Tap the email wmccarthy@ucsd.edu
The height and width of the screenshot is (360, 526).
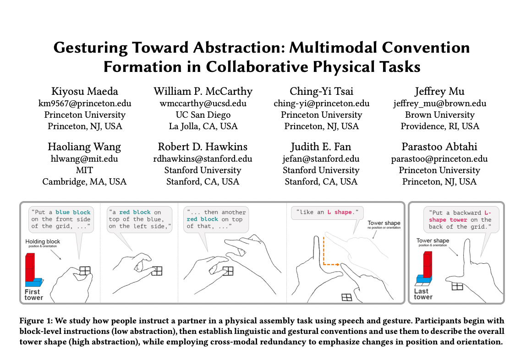[x=203, y=103]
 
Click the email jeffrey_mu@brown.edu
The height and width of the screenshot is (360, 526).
[x=440, y=103]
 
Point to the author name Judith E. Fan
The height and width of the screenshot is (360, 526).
[x=321, y=147]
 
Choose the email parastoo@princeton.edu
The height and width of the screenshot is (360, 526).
[x=439, y=159]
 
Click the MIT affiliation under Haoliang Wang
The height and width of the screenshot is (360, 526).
[x=84, y=170]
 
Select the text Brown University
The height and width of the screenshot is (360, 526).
[x=440, y=115]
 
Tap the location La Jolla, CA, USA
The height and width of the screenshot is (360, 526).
[x=203, y=126]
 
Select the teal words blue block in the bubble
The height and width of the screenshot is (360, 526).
[x=73, y=213]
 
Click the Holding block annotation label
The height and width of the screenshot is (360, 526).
[x=43, y=241]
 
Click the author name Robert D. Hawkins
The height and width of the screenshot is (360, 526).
[x=203, y=147]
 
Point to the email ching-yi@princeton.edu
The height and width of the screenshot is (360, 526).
[x=321, y=103]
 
